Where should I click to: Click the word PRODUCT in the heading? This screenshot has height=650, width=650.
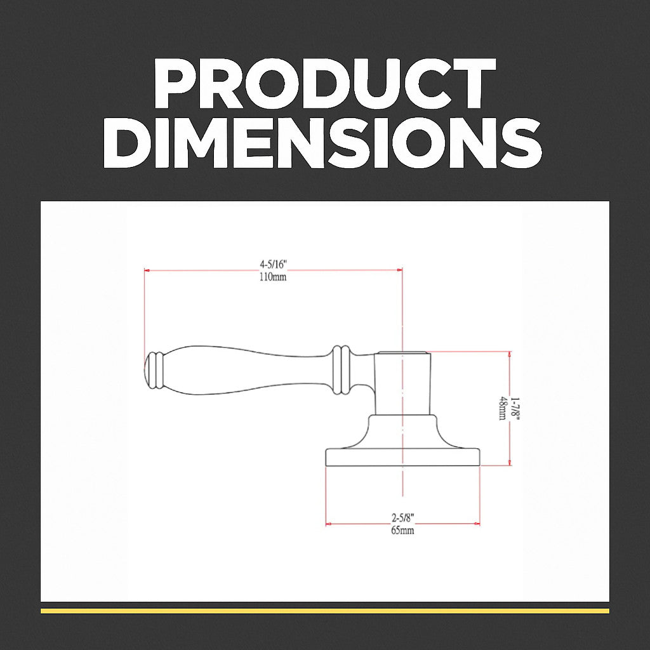tap(325, 83)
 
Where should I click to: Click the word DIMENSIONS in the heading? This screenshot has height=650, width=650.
tap(323, 142)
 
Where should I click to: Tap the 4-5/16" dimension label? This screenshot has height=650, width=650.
tap(273, 264)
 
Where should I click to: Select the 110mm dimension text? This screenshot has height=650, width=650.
tap(273, 277)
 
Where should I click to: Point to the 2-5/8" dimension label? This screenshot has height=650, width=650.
tap(403, 517)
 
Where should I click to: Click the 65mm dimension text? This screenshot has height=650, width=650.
tap(402, 530)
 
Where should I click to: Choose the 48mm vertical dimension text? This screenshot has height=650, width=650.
tap(503, 408)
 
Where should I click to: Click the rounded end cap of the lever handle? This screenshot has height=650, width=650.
tap(147, 371)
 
